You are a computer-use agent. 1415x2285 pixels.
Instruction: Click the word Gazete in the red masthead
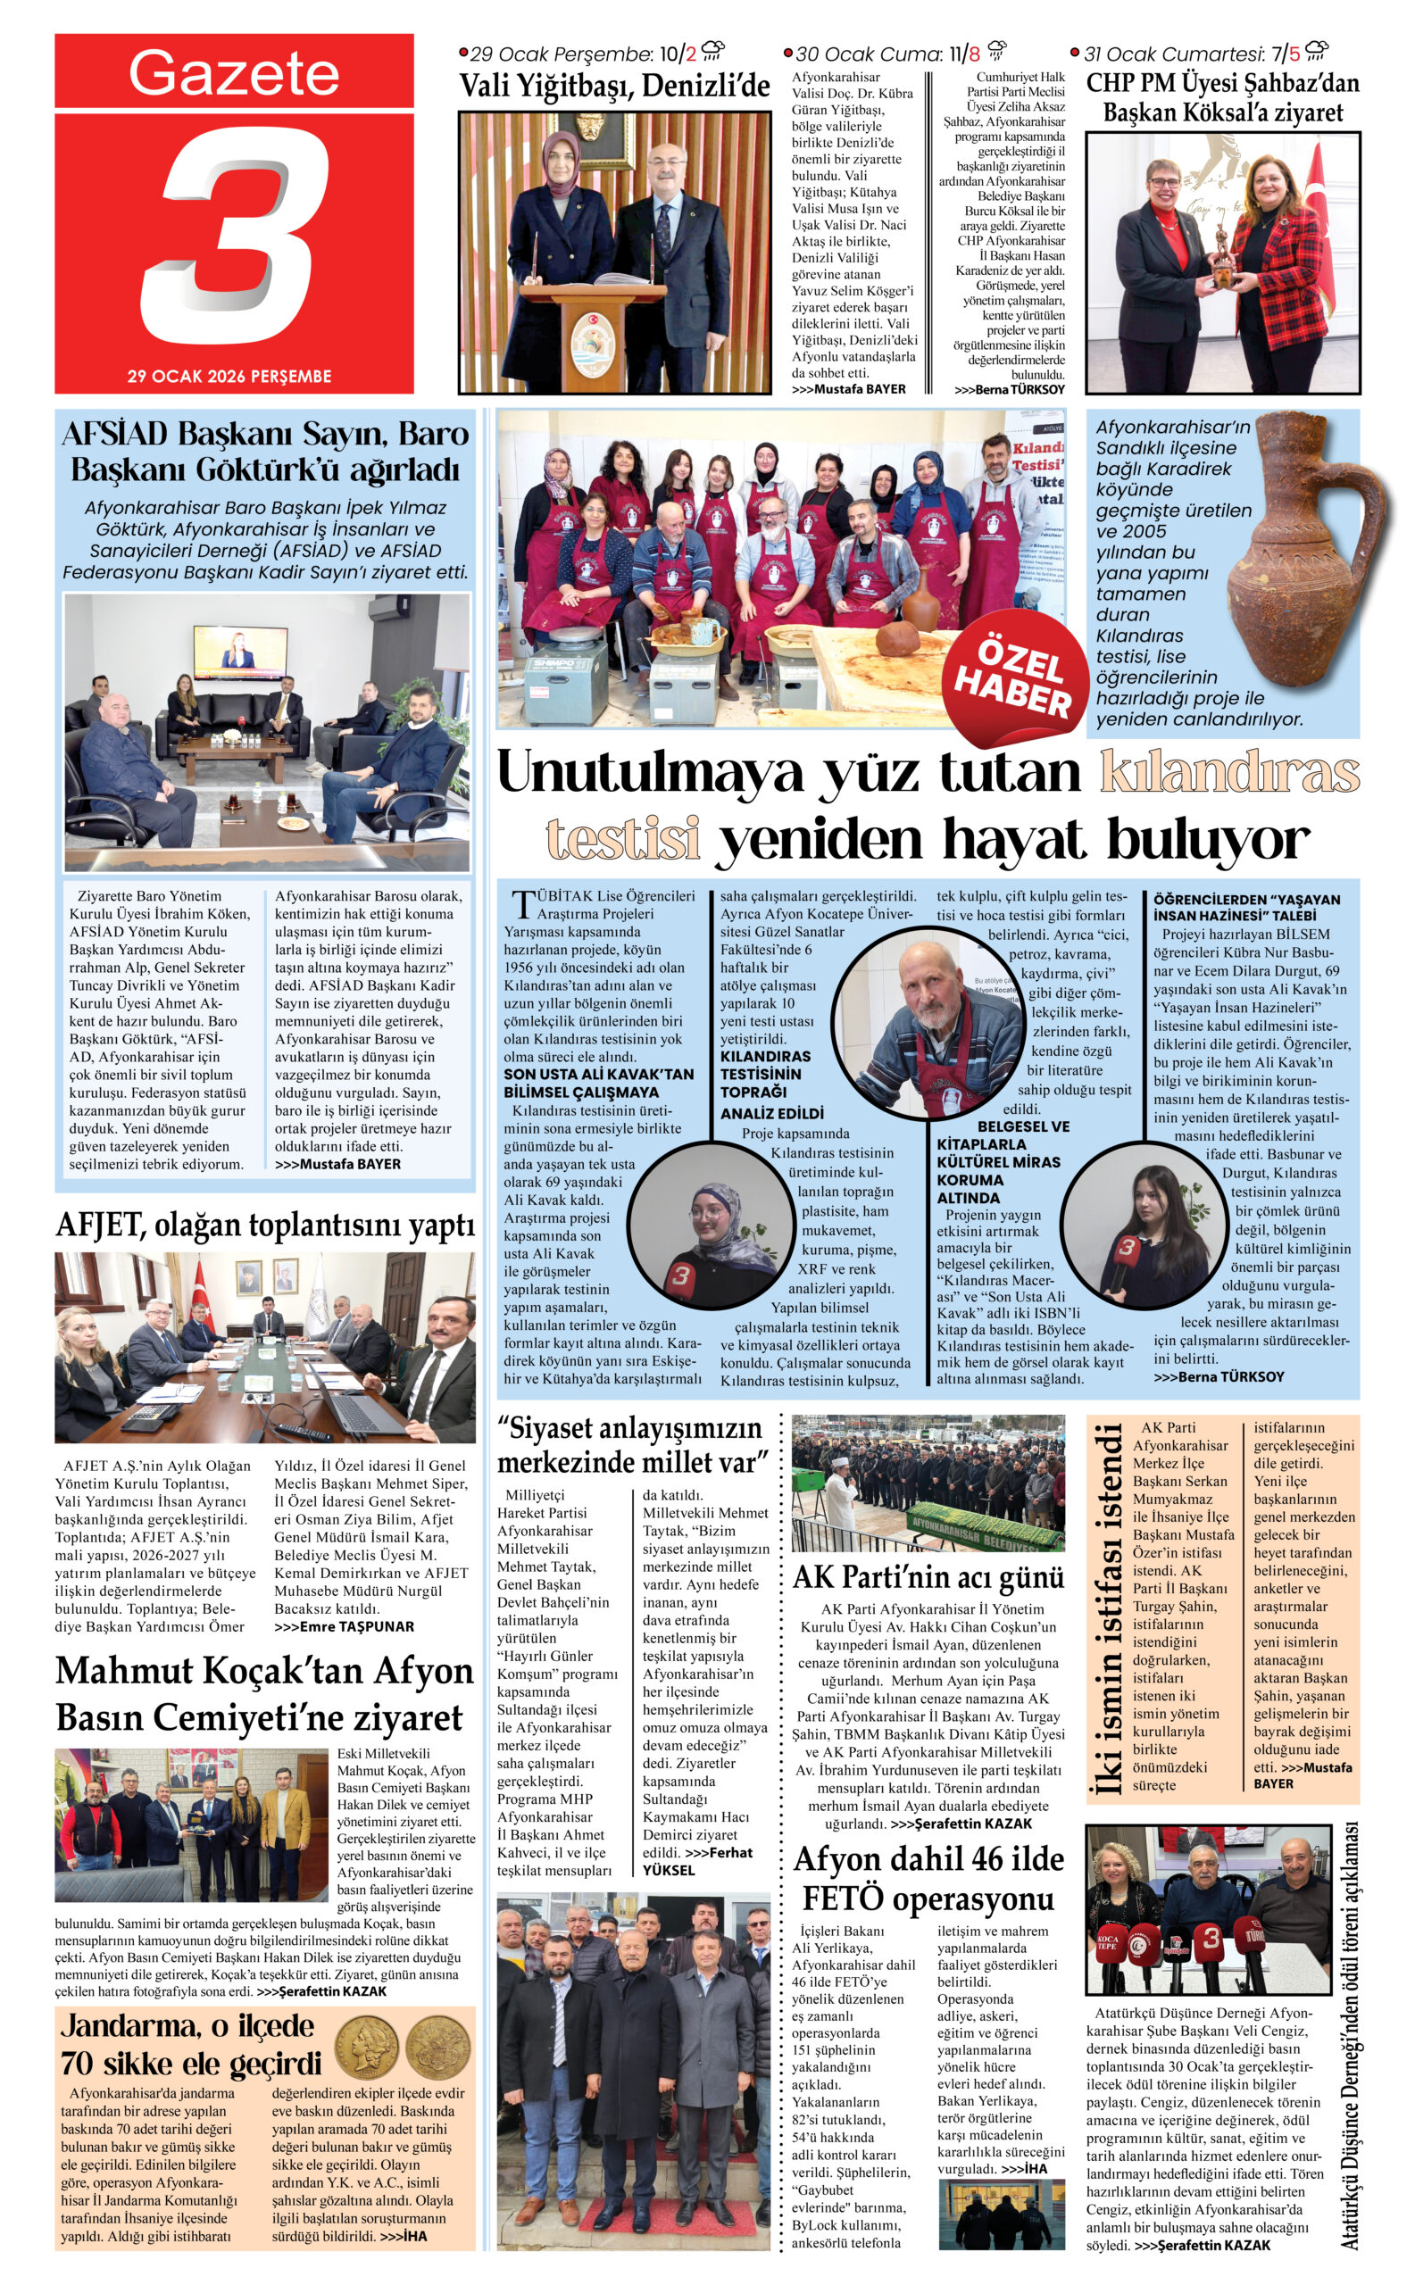point(234,73)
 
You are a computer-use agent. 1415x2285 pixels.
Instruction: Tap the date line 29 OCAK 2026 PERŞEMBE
point(229,376)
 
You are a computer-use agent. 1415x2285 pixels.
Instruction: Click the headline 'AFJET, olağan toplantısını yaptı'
point(265,1225)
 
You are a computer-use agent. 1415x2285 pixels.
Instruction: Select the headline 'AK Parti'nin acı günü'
point(928,1577)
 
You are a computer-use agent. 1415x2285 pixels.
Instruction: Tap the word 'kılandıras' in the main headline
point(1228,773)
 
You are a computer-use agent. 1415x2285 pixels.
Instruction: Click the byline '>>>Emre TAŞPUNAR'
point(344,1626)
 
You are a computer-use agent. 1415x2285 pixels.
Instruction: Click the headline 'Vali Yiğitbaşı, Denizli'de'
point(614,87)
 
